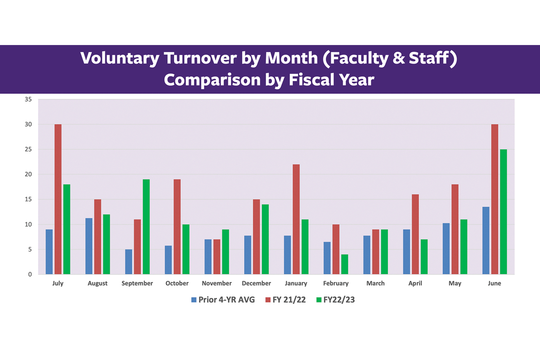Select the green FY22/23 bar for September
[x=146, y=227]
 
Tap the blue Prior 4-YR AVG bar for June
[x=486, y=240]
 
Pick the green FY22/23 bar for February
[x=345, y=264]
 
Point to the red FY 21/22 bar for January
[x=296, y=219]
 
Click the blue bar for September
[x=129, y=262]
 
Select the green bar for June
[x=503, y=211]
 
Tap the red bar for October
[x=177, y=227]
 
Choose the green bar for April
[x=424, y=256]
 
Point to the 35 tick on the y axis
[x=28, y=99]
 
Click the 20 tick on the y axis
[x=28, y=175]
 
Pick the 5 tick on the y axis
[x=30, y=250]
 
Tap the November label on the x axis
[x=216, y=283]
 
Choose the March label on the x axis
[x=375, y=283]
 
